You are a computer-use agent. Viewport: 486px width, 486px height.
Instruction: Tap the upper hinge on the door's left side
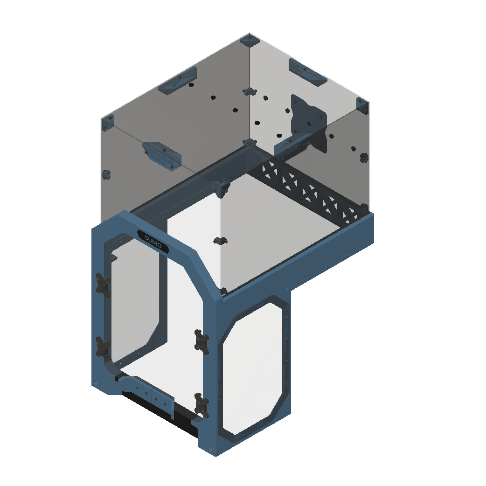102,284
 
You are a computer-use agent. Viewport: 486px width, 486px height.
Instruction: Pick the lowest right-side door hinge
201,404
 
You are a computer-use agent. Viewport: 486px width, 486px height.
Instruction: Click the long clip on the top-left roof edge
178,81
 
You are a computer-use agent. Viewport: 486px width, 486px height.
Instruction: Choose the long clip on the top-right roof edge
306,73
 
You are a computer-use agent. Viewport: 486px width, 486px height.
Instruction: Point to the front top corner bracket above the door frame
222,187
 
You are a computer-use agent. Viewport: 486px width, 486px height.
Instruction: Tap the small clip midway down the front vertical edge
220,241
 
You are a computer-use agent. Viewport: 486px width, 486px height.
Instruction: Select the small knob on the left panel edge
107,175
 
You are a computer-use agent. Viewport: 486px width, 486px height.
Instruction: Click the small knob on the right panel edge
364,158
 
